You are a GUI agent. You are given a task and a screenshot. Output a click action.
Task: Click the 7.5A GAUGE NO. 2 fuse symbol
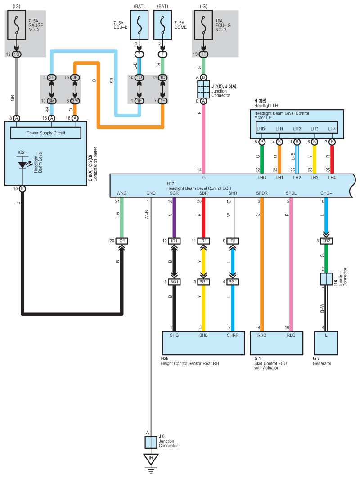17,25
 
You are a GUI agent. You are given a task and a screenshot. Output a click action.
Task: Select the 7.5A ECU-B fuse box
139,25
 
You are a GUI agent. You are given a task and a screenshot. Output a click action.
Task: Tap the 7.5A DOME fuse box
162,25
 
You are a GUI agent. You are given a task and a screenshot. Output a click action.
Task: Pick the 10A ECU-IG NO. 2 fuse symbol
203,25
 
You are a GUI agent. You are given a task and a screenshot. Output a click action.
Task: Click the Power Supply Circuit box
46,133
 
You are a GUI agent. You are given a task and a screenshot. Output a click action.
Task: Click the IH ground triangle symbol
151,459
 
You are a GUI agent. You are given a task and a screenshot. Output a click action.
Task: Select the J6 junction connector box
151,442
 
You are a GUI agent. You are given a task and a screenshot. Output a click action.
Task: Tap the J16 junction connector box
326,279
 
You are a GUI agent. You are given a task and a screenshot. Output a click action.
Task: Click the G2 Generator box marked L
326,343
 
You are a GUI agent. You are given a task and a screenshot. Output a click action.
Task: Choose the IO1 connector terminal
122,241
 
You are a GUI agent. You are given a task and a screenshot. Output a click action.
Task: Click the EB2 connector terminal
326,241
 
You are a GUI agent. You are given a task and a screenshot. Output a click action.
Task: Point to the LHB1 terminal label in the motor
262,129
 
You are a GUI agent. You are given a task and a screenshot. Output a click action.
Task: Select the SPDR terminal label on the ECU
262,193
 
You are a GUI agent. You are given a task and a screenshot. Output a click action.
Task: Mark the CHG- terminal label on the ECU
326,193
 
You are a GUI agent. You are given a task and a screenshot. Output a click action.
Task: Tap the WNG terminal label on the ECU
122,193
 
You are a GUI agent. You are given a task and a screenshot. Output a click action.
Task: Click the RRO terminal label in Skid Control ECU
262,335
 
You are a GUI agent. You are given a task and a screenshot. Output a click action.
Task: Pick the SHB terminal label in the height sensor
203,335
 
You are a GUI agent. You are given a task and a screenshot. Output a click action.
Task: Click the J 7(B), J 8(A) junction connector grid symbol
203,89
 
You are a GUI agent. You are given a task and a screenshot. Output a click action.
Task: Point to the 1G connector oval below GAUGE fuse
17,54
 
